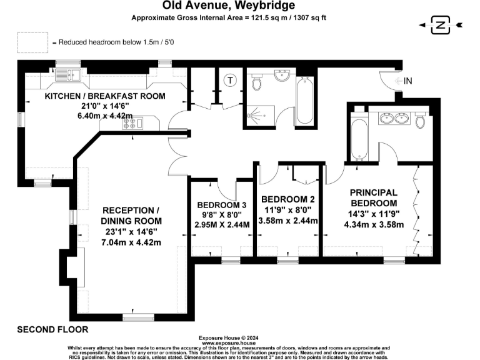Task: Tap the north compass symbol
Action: tap(442, 25)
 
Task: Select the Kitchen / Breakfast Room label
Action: tap(105, 96)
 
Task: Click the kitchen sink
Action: tap(66, 76)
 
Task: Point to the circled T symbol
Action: tap(230, 79)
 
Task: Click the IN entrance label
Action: tap(408, 81)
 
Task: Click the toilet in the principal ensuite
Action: tap(420, 119)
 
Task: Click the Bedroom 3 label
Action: tap(222, 205)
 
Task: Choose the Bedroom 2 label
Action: tap(289, 200)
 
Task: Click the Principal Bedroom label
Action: tap(374, 197)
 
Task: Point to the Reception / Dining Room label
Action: tap(131, 216)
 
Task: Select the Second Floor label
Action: tap(52, 329)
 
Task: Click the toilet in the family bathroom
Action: tap(256, 81)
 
